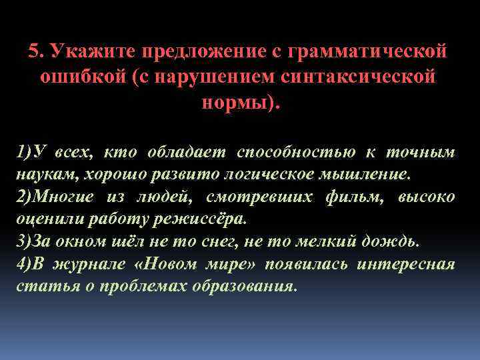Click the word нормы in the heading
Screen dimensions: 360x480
coord(235,103)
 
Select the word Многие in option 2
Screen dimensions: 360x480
coord(65,197)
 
